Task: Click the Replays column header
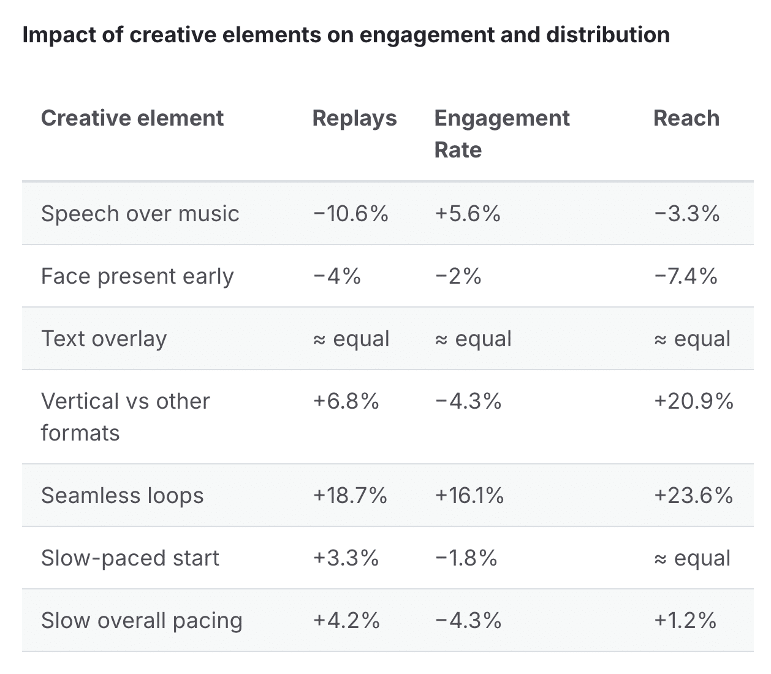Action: pyautogui.click(x=354, y=118)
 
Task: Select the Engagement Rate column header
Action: pyautogui.click(x=501, y=134)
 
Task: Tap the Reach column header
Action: pyautogui.click(x=686, y=118)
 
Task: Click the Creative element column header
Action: pyautogui.click(x=132, y=118)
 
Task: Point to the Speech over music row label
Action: pyautogui.click(x=140, y=214)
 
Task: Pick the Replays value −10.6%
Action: pyautogui.click(x=351, y=214)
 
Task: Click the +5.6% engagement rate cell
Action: pyautogui.click(x=468, y=214)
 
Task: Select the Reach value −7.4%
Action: pyautogui.click(x=685, y=276)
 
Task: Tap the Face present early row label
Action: pyautogui.click(x=137, y=276)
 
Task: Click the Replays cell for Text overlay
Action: pyautogui.click(x=351, y=339)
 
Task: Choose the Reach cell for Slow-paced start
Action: pyautogui.click(x=692, y=558)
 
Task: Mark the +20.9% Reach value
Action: pyautogui.click(x=693, y=401)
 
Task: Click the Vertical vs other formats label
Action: pyautogui.click(x=125, y=417)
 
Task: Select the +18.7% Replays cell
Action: pyautogui.click(x=350, y=496)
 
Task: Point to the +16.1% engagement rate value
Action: pyautogui.click(x=469, y=496)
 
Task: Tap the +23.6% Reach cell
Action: pyautogui.click(x=693, y=496)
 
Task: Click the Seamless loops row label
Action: pyautogui.click(x=122, y=496)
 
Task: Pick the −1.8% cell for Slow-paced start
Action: pyautogui.click(x=466, y=558)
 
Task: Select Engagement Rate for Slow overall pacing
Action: pyautogui.click(x=468, y=621)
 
